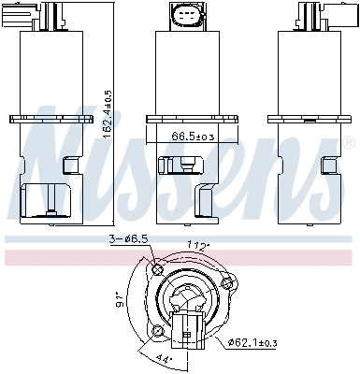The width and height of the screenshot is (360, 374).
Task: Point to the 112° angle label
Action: tap(197, 248)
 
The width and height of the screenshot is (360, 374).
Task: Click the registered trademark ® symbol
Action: tap(349, 143)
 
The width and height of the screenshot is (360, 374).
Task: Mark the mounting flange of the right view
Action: tap(308, 119)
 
